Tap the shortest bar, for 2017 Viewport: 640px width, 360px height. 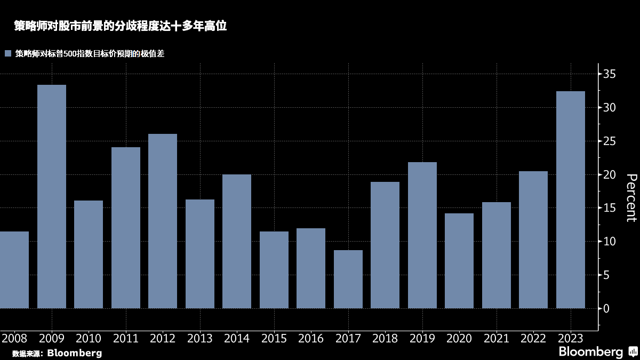(x=348, y=279)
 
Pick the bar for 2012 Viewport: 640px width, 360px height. (x=163, y=221)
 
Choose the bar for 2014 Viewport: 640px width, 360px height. (x=237, y=241)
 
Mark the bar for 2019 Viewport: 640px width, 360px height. (x=422, y=235)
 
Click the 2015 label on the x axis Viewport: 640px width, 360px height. (x=274, y=339)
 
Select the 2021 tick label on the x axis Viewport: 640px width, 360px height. (x=497, y=339)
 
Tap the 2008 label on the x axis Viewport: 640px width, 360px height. (x=14, y=339)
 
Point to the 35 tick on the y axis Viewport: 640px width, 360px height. (x=610, y=74)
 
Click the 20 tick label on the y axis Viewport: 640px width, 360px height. (x=610, y=174)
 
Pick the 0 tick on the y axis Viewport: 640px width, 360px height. (x=606, y=308)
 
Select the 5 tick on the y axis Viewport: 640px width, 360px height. (x=606, y=275)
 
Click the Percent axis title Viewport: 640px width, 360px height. (x=631, y=197)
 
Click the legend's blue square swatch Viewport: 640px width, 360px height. (x=7, y=53)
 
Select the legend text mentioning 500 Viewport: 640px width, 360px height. (x=90, y=53)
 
